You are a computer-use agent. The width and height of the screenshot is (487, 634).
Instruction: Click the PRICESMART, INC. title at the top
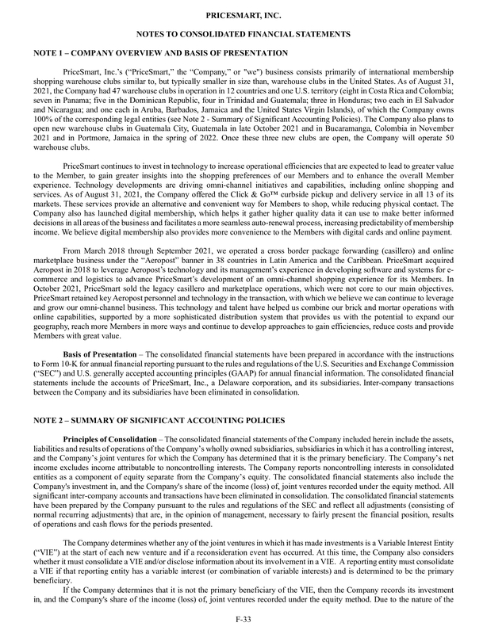(243, 15)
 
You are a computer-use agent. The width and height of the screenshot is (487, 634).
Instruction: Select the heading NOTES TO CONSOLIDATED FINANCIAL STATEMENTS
(243, 35)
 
